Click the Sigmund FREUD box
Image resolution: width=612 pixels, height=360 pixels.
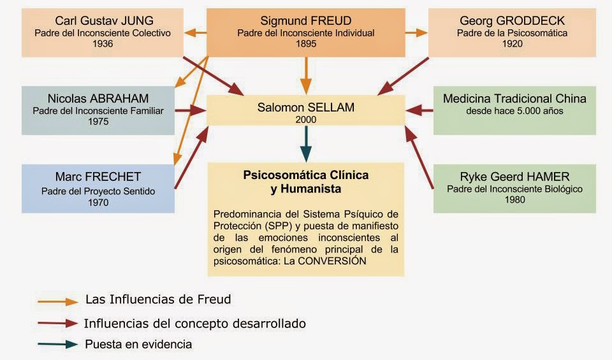click(x=307, y=32)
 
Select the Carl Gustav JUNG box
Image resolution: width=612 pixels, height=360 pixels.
click(x=103, y=32)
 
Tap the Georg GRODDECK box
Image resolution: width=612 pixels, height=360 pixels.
click(x=512, y=32)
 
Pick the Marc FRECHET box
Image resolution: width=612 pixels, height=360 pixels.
click(x=98, y=188)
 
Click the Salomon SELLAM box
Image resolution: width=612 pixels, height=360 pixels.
click(x=307, y=110)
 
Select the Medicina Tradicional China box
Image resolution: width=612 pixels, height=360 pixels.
click(x=514, y=110)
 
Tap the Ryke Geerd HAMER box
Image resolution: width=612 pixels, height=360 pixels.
click(x=514, y=188)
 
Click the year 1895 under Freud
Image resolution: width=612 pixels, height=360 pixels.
click(x=307, y=44)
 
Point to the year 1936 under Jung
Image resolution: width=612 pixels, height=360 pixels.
click(x=103, y=44)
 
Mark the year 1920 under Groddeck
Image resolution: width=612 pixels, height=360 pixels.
click(x=512, y=44)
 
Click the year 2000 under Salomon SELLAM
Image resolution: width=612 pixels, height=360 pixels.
click(x=307, y=119)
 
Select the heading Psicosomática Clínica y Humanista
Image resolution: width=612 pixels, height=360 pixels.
click(x=306, y=182)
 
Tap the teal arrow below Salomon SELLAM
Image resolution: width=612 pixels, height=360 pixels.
click(x=307, y=143)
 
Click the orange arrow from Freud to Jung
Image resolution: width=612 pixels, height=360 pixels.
click(x=196, y=32)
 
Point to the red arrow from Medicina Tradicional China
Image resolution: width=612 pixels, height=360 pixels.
click(x=419, y=110)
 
